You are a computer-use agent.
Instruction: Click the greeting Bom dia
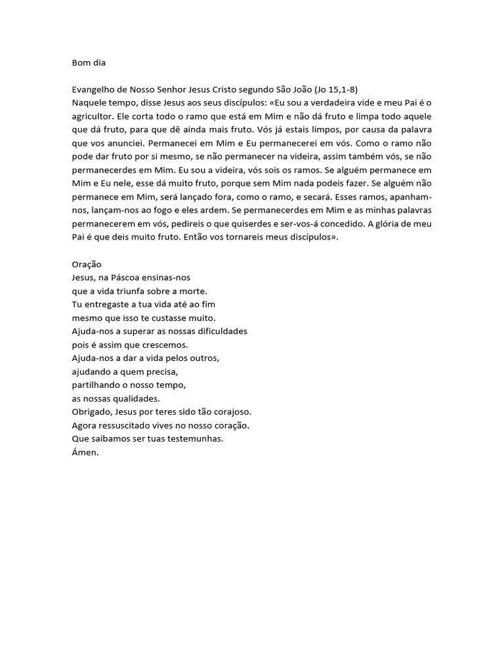pyautogui.click(x=89, y=63)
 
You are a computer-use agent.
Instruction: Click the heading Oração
pyautogui.click(x=87, y=264)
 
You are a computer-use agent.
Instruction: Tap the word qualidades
pyautogui.click(x=136, y=398)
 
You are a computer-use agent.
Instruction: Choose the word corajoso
pyautogui.click(x=228, y=411)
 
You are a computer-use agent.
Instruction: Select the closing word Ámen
pyautogui.click(x=85, y=452)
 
